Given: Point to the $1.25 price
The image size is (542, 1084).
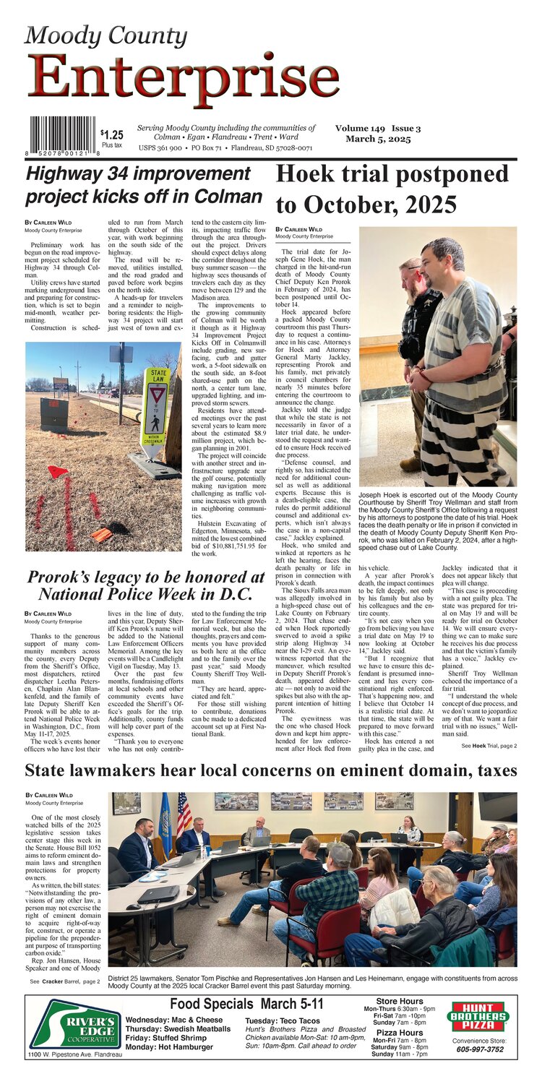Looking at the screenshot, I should click(112, 134).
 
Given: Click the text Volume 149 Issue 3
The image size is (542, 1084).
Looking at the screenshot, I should click(378, 128).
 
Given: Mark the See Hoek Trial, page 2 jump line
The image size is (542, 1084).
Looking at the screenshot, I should click(489, 745).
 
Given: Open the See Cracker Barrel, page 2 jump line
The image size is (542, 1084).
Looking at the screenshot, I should click(65, 981).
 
